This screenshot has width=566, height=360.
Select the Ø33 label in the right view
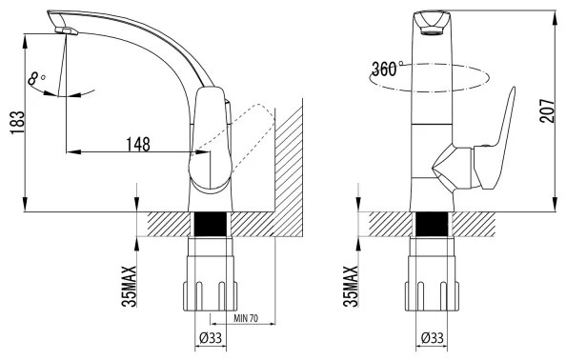pos(432,338)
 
